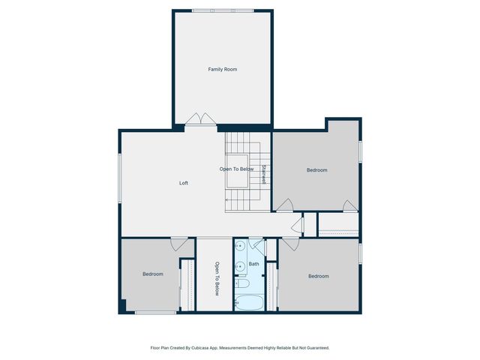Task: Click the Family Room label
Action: (x=223, y=69)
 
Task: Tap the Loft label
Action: (x=183, y=183)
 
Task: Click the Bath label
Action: (x=254, y=264)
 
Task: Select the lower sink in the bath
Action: (x=240, y=265)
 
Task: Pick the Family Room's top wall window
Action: (x=222, y=10)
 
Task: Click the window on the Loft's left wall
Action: (x=119, y=178)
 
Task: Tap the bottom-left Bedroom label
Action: (x=153, y=274)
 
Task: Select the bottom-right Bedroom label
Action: (x=319, y=276)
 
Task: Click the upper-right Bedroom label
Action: (x=317, y=170)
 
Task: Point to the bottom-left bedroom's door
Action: (x=178, y=244)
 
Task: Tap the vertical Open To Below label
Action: (x=217, y=278)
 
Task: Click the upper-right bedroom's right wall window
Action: (x=360, y=151)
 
